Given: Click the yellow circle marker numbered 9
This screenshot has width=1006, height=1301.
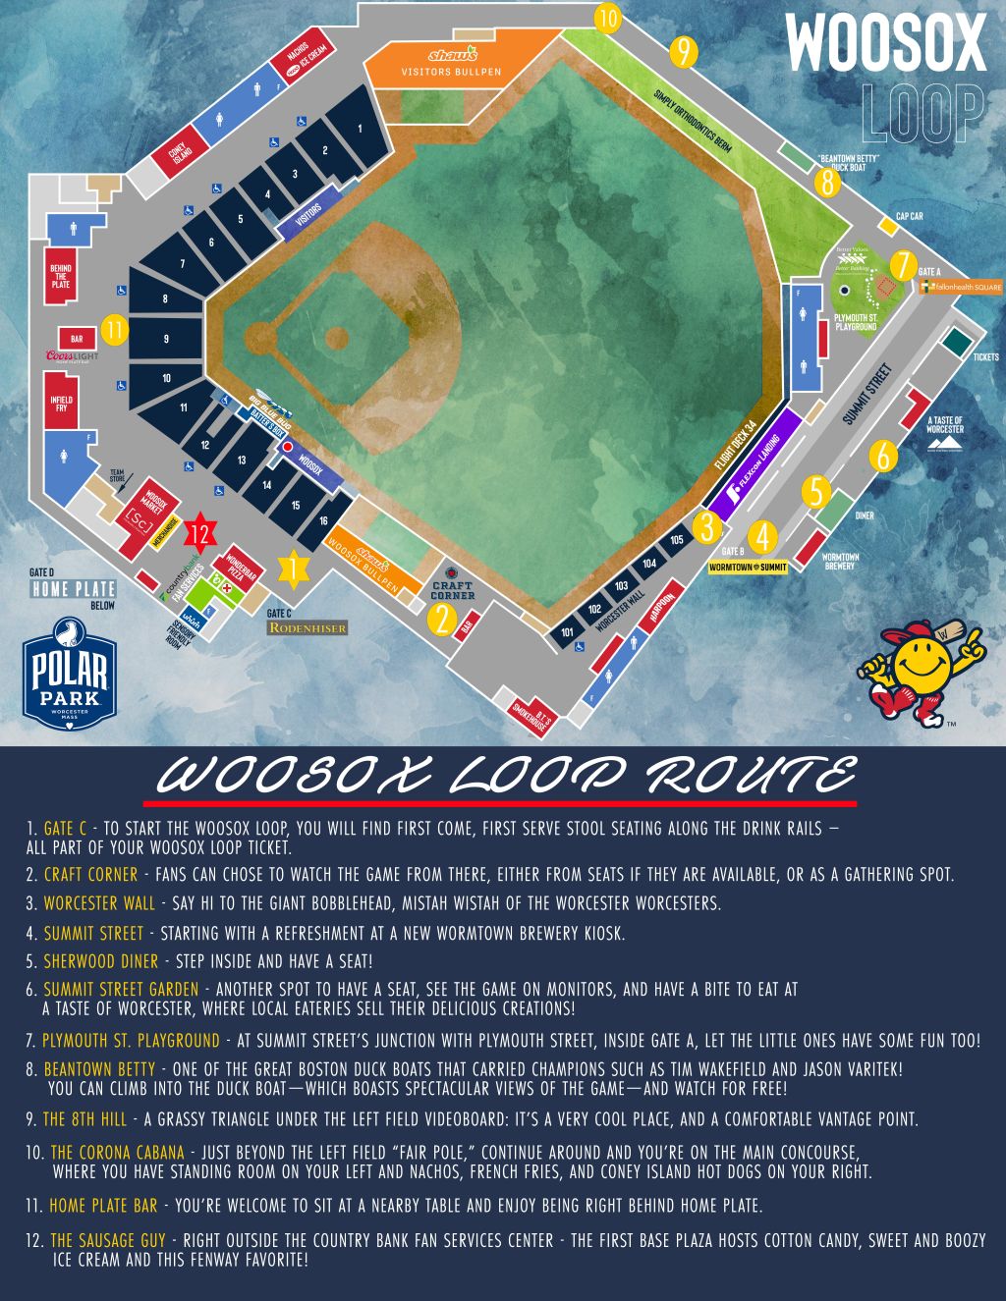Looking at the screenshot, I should (682, 51).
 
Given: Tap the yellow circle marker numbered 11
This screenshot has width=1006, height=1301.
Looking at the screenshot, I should (115, 330).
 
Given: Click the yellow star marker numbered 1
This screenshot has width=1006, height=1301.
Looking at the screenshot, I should (292, 568).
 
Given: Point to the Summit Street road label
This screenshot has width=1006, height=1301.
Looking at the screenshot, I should (867, 395).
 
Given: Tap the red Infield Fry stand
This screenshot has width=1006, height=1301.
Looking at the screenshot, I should (61, 402).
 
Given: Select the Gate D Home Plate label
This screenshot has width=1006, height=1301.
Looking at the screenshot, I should (73, 588).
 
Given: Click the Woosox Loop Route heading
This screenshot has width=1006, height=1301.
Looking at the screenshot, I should (506, 776).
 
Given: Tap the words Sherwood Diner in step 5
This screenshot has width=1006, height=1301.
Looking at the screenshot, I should (100, 961).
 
